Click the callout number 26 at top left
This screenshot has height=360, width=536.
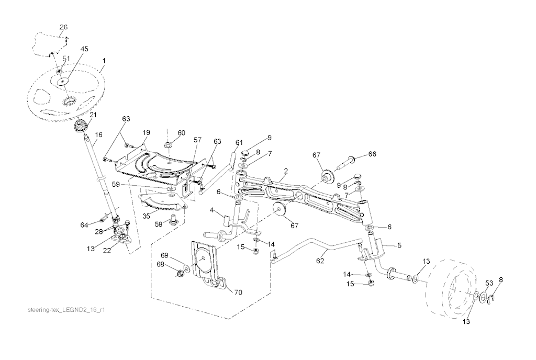63,27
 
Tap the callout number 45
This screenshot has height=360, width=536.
84,49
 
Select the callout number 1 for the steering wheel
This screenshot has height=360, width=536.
104,61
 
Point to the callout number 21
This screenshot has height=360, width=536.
93,116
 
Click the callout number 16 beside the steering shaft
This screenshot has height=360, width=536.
98,135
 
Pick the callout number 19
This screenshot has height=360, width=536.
147,132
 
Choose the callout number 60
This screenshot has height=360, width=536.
181,132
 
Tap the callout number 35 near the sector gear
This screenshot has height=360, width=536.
146,216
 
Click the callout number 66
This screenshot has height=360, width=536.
372,154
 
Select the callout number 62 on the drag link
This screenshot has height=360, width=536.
320,261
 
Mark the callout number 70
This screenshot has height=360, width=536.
238,292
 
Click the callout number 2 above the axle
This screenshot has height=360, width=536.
286,171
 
